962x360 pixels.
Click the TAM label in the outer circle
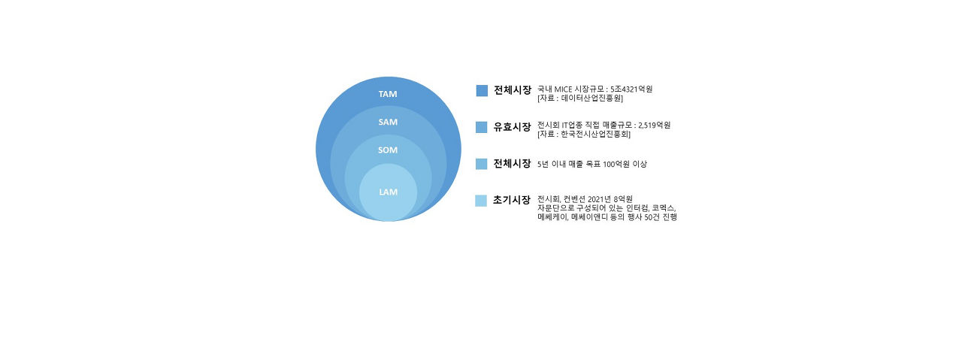[388, 94]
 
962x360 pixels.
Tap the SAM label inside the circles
[388, 122]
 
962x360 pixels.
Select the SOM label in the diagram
[388, 150]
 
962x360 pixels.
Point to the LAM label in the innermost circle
[388, 192]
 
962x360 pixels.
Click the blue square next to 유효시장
[482, 127]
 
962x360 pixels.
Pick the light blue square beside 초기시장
[481, 201]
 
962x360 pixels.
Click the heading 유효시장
[512, 127]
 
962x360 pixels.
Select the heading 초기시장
[512, 200]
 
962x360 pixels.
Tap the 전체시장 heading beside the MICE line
[512, 90]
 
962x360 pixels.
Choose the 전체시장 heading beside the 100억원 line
[512, 164]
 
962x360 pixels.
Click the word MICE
[564, 89]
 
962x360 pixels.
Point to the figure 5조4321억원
[631, 89]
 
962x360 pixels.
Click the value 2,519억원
[654, 126]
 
